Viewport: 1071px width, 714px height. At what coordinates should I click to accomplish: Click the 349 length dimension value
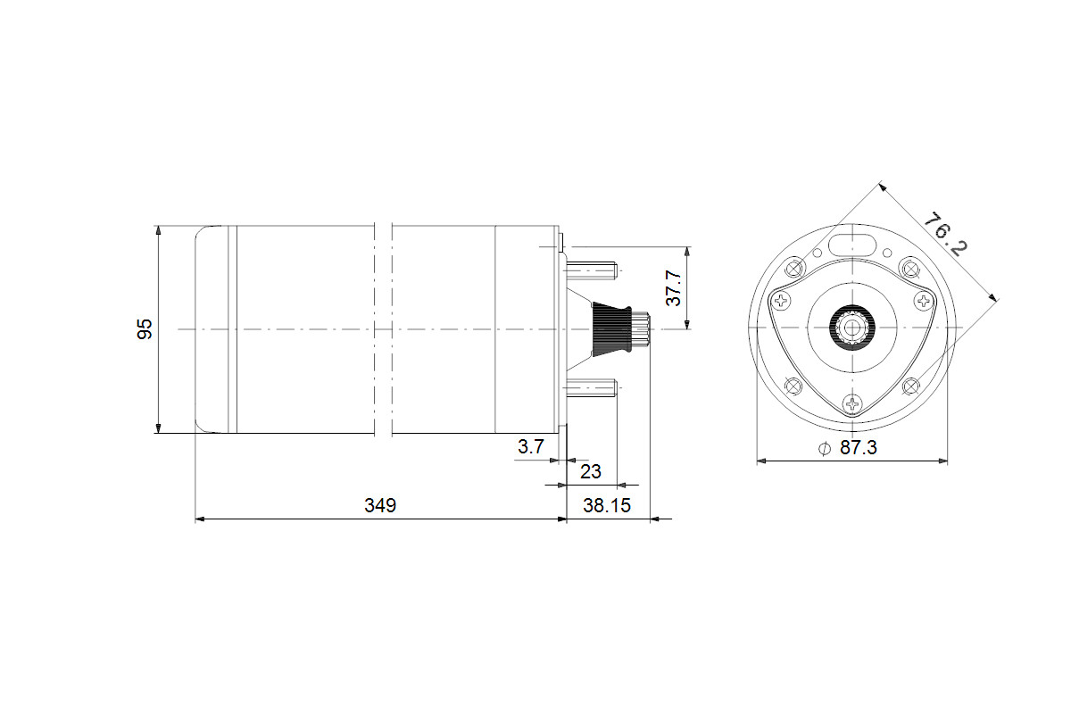tap(380, 505)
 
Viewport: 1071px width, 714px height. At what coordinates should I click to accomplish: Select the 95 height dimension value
tap(145, 329)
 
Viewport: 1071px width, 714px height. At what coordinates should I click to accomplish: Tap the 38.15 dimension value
tap(607, 505)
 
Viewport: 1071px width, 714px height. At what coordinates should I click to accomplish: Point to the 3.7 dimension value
tap(531, 446)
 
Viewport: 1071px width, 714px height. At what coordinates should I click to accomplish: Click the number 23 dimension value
tap(591, 472)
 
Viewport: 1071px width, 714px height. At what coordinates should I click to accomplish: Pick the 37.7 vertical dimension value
tap(673, 288)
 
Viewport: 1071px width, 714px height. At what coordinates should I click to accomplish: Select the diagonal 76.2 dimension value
tap(945, 234)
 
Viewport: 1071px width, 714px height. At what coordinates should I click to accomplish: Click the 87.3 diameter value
tap(859, 448)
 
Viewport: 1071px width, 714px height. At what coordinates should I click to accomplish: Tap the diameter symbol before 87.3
tap(825, 449)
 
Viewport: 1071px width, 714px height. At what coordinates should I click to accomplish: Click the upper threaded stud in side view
tap(592, 270)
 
